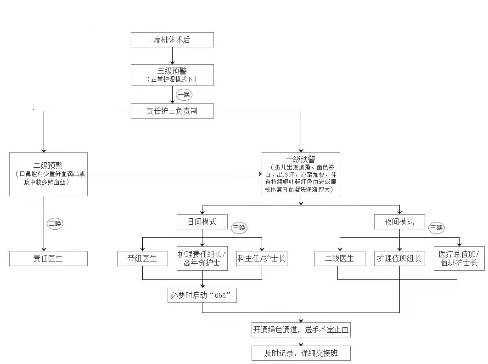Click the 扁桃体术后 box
tap(172, 40)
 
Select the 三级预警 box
tap(172, 75)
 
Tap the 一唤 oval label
tap(184, 95)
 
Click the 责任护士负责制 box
tap(172, 111)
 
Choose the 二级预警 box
tap(48, 174)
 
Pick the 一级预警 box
tap(301, 174)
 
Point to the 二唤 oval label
tap(55, 224)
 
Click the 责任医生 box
tap(48, 258)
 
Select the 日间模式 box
tap(202, 222)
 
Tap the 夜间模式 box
tap(399, 222)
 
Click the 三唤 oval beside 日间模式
tap(239, 227)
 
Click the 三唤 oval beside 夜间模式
tap(436, 227)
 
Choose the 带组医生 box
tap(142, 258)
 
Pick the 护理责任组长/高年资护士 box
tap(202, 258)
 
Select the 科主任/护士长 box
tap(262, 258)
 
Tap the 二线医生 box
tap(340, 258)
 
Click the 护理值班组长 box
tap(399, 258)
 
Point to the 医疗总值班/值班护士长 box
tap(459, 258)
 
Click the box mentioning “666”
tap(202, 295)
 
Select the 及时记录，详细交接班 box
tap(301, 353)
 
